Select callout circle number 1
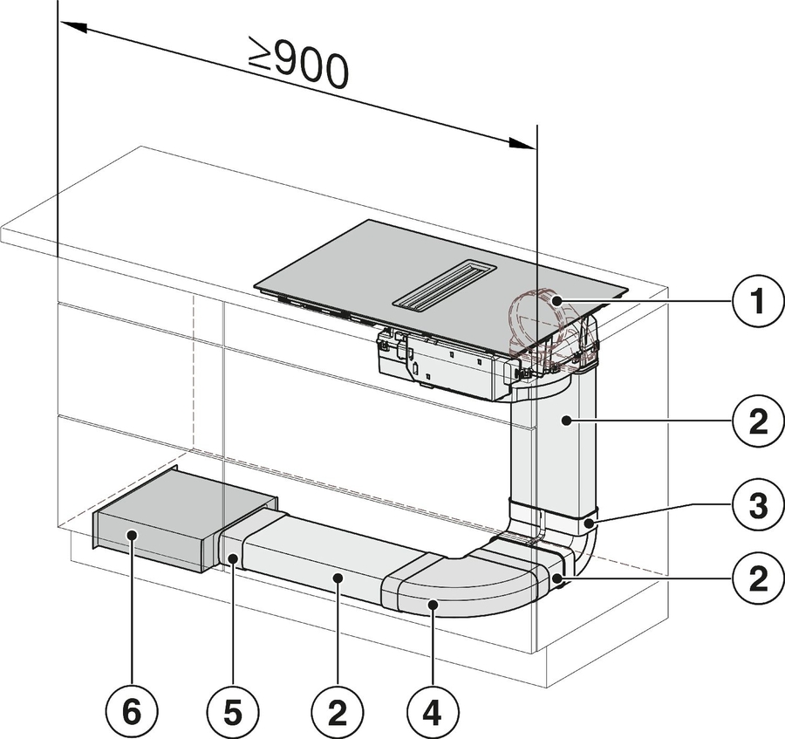[x=754, y=302]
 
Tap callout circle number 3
[x=754, y=505]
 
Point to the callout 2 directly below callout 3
[x=754, y=577]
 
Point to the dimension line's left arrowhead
[x=70, y=28]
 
